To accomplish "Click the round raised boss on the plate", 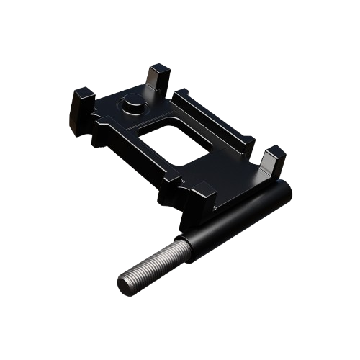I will pyautogui.click(x=134, y=105).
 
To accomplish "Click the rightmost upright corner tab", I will pyautogui.click(x=273, y=161).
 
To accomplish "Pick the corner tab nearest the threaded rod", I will pyautogui.click(x=204, y=197).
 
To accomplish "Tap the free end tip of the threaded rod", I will pyautogui.click(x=125, y=284).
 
